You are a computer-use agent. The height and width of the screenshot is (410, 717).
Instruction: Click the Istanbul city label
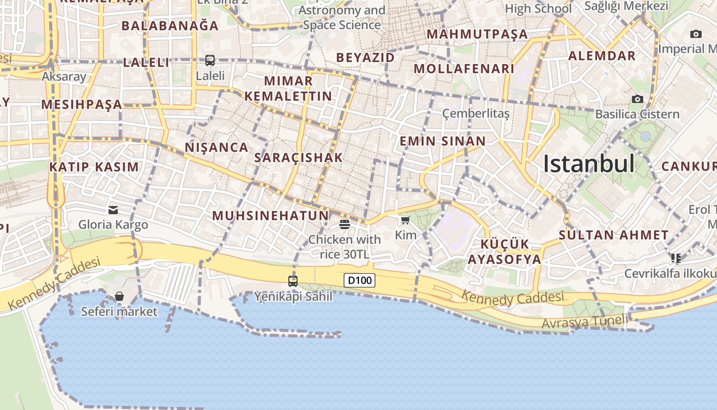tap(588, 164)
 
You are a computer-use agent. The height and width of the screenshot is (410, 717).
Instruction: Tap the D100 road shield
tap(360, 280)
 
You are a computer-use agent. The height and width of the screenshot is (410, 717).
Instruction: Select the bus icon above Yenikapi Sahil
tap(293, 281)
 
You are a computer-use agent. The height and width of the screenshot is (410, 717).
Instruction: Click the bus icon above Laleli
tap(210, 60)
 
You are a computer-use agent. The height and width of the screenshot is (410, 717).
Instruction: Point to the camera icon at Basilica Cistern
tap(638, 99)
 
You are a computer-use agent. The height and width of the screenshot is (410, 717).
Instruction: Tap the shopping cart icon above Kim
tap(406, 220)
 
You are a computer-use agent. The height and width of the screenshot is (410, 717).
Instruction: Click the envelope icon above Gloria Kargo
tap(113, 210)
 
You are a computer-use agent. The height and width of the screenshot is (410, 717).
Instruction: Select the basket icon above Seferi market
tap(119, 296)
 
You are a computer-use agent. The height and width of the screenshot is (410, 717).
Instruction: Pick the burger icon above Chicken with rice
tap(345, 224)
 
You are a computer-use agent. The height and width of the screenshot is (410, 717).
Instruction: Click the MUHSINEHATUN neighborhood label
tap(270, 216)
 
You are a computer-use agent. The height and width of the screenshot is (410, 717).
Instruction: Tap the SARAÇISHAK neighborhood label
tap(298, 158)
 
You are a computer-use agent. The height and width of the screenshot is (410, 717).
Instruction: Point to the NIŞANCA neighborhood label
tap(216, 148)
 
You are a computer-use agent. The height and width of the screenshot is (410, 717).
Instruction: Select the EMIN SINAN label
tap(442, 141)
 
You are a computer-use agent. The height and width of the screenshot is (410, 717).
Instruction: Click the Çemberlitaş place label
tap(476, 113)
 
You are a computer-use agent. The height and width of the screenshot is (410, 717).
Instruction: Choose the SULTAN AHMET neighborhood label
tap(613, 235)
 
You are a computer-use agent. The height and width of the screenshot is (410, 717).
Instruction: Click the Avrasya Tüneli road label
tap(584, 322)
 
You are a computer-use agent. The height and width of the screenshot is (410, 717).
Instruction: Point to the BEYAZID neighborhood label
tap(366, 57)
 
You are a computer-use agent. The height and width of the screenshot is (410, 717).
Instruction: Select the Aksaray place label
tap(64, 77)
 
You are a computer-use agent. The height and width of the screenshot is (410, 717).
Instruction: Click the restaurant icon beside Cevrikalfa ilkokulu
tap(676, 258)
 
